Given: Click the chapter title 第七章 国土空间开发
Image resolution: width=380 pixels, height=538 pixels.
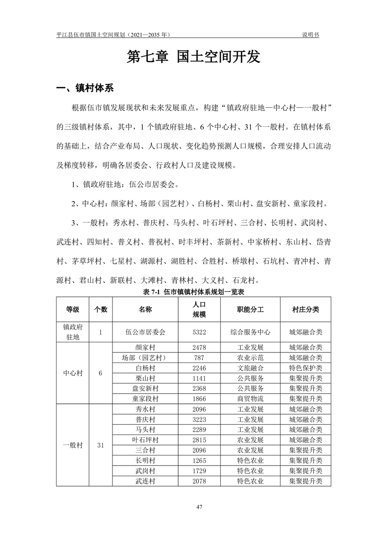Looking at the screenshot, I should tap(193, 57).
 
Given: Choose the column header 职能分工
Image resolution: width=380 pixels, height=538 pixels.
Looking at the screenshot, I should tap(250, 309).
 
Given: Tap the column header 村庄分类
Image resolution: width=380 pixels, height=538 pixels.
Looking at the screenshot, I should tap(305, 309).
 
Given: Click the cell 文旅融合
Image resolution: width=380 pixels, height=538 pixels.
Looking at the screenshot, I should tap(250, 368).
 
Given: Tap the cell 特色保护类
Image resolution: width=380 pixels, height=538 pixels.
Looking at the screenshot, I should tap(305, 368).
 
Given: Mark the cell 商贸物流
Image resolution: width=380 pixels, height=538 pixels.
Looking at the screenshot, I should tap(250, 398).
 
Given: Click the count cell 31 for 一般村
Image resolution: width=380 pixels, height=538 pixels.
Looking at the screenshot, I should tap(101, 445).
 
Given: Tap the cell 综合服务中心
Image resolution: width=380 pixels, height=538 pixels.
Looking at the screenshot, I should tap(250, 331).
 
